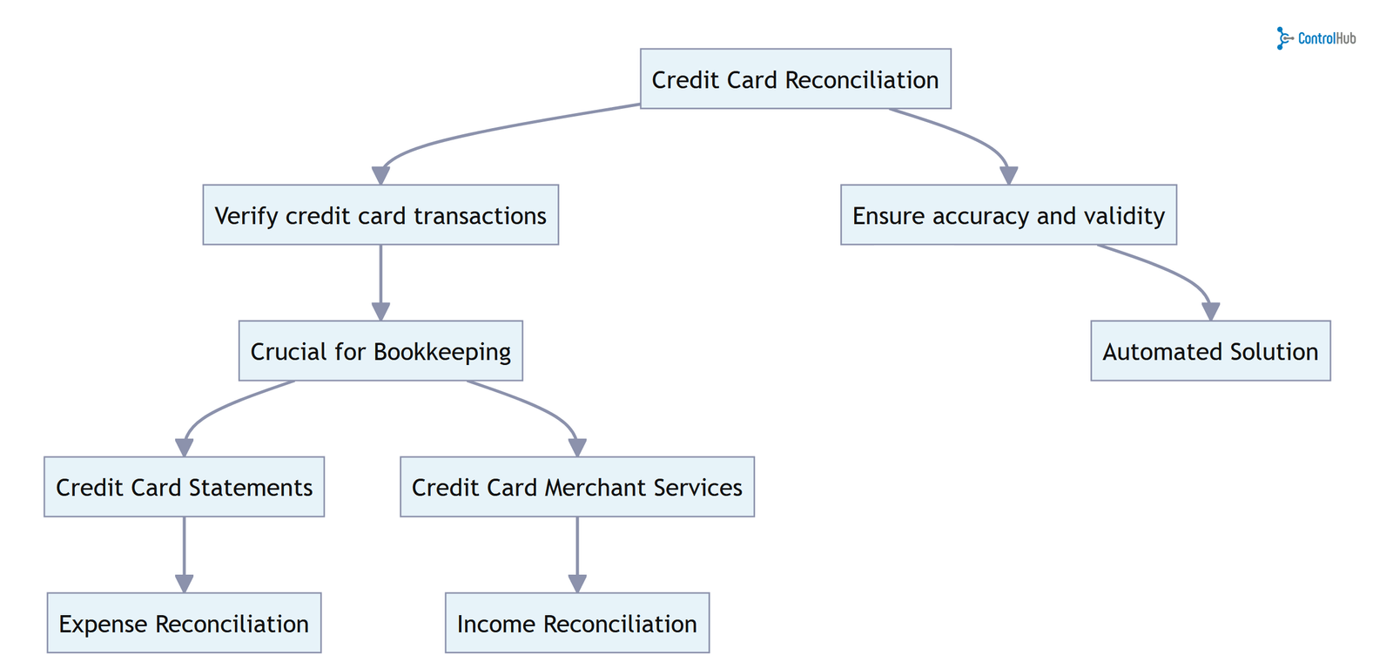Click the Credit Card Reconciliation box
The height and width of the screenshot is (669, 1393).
pos(795,79)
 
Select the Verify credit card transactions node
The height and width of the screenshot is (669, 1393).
pos(380,215)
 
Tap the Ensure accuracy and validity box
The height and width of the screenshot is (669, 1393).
pos(1008,215)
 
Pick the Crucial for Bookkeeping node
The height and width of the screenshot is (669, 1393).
pos(380,351)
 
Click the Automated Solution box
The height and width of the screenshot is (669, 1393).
pos(1210,351)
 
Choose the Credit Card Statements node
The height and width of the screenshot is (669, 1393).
pos(184,487)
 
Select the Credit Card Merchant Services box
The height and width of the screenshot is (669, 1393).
pos(577,487)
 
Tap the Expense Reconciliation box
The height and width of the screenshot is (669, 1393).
pos(184,624)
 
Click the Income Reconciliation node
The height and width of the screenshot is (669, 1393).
pos(577,624)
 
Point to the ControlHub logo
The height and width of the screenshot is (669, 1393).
pos(1316,38)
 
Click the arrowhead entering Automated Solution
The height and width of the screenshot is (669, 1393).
pos(1210,312)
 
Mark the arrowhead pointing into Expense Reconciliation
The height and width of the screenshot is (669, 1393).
pos(184,584)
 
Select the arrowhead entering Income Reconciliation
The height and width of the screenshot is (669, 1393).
pos(577,584)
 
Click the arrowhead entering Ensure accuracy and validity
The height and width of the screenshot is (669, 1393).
pos(1008,175)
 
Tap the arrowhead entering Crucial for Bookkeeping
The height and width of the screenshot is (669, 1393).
pos(380,312)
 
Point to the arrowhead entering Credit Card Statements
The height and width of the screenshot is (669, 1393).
pos(184,448)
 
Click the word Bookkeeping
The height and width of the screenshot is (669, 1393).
pos(442,352)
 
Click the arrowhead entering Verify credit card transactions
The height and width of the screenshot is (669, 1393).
pos(380,175)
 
